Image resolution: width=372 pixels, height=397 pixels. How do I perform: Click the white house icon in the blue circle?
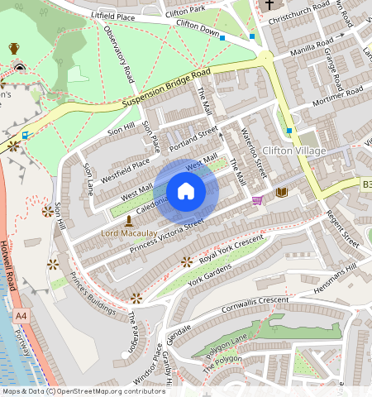(186, 192)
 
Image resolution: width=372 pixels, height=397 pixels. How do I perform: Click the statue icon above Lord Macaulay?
(128, 221)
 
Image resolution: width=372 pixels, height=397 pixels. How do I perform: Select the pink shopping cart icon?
(257, 200)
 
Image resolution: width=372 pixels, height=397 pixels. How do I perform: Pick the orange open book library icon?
(281, 192)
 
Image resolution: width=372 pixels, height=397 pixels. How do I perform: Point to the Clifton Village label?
(293, 151)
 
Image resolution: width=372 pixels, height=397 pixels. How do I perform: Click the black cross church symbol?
(269, 6)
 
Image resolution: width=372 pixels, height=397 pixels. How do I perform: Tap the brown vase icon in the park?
(14, 49)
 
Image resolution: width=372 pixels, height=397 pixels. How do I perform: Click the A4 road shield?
(19, 316)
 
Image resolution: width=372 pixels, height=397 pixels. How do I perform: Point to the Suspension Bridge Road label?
(165, 88)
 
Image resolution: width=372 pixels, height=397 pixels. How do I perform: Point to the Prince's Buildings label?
(93, 293)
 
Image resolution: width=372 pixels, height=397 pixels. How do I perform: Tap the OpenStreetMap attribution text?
(83, 391)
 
